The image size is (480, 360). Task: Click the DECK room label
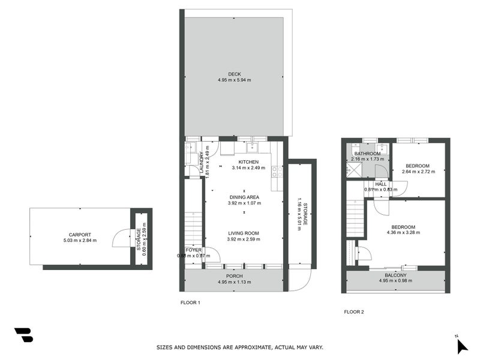[x=234, y=74]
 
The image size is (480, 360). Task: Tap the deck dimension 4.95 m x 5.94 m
[x=234, y=80]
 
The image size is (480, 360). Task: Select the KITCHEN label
[x=248, y=162]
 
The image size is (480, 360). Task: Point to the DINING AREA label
[x=244, y=197]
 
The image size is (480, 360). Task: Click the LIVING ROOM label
[x=244, y=233]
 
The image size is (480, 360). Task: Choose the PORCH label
[x=234, y=276]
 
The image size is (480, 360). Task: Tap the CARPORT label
[x=80, y=235]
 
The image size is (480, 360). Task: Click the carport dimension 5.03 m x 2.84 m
[x=80, y=241]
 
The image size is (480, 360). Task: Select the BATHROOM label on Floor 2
[x=367, y=154]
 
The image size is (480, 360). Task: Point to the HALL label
[x=380, y=184]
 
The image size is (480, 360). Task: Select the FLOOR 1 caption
[x=190, y=302]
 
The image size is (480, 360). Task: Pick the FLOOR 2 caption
[x=353, y=311]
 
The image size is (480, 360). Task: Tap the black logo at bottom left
[x=23, y=335]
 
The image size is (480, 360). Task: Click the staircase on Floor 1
[x=193, y=228]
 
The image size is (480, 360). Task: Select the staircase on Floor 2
[x=355, y=219]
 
